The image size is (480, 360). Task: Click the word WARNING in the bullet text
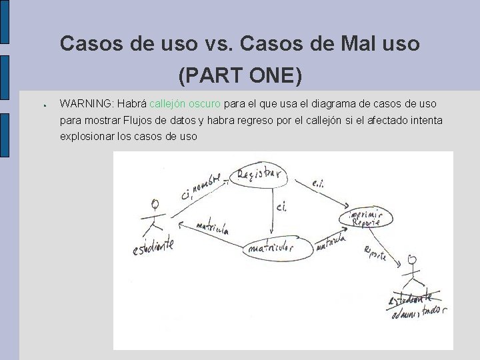click(85, 104)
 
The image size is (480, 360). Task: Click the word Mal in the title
click(351, 44)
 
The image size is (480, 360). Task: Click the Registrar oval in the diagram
click(257, 177)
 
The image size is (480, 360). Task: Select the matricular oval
click(271, 248)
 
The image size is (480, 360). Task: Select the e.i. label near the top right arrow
click(318, 182)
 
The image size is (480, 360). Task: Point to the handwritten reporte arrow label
click(375, 254)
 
